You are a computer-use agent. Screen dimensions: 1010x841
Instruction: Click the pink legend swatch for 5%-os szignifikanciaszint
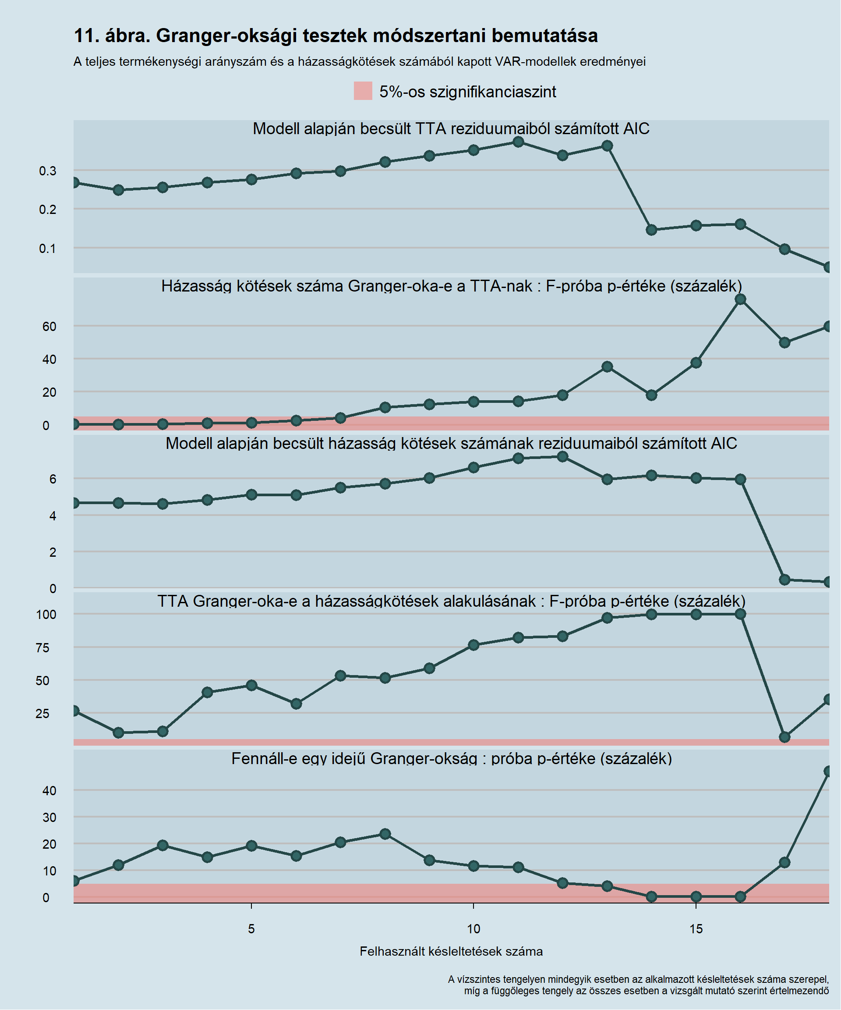pos(363,91)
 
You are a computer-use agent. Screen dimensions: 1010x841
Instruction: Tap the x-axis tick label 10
pos(474,929)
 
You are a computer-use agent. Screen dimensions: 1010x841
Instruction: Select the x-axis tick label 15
pos(696,929)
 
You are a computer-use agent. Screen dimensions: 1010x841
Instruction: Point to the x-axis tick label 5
pos(251,929)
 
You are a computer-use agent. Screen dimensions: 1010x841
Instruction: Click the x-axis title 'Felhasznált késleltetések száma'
pos(451,951)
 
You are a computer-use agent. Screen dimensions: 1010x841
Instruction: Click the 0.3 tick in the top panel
pos(48,171)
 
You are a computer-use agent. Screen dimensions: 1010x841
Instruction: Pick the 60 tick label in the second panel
pos(49,327)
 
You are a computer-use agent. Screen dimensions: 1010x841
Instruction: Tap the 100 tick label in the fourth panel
pos(46,615)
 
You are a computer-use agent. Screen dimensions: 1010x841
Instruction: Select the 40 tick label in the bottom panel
pos(49,791)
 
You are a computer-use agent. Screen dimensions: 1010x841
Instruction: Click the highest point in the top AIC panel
pos(518,142)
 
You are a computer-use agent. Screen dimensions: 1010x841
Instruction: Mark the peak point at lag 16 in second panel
pos(740,299)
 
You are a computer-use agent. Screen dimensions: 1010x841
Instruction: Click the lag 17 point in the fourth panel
pos(784,737)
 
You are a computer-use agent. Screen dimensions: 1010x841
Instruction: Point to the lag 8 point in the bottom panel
pos(385,834)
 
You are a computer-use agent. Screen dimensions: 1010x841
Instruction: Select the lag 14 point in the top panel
pos(651,230)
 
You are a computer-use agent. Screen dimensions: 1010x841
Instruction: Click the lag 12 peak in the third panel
pos(562,456)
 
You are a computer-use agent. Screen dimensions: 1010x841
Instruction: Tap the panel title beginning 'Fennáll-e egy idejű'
pos(451,758)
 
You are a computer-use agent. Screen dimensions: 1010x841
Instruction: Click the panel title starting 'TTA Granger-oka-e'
pos(451,601)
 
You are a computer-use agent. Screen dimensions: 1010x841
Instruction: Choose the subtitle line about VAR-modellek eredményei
pos(360,61)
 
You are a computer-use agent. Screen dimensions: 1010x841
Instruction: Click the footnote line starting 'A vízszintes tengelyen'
pos(638,979)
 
